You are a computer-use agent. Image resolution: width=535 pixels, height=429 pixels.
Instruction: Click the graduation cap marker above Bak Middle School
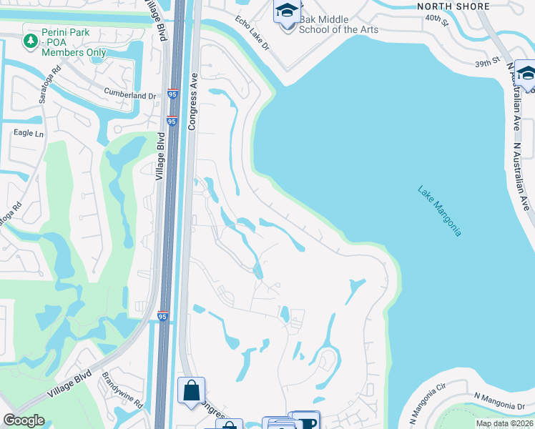coord(287,12)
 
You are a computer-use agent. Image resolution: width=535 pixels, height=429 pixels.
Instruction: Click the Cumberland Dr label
coord(129,95)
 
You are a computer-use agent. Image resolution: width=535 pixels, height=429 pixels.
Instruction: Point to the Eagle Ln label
coord(29,133)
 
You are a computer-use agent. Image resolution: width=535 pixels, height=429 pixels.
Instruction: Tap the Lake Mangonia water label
coord(440,211)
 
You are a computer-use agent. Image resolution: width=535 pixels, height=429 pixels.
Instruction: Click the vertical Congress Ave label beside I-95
coord(192,100)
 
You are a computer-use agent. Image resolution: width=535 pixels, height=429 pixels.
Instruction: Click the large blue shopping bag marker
coord(191,390)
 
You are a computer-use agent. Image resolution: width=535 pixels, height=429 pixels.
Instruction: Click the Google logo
coord(24,420)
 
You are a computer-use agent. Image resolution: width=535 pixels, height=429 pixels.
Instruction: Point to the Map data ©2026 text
coord(504,423)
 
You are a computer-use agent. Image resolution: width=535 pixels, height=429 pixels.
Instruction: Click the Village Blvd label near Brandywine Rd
coord(70,384)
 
